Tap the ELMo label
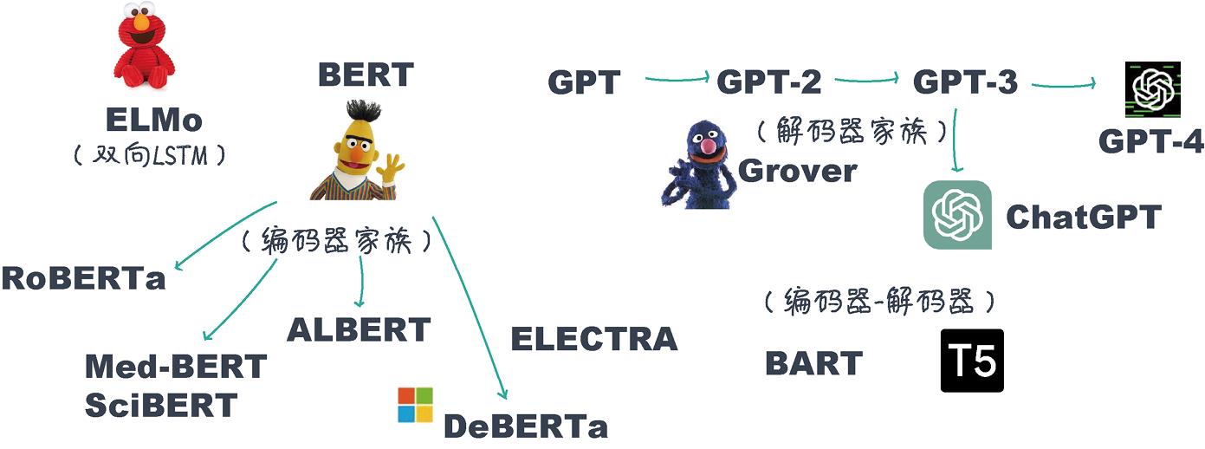pyautogui.click(x=153, y=119)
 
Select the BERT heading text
pyautogui.click(x=366, y=75)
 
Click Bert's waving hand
pyautogui.click(x=392, y=168)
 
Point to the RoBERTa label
pyautogui.click(x=83, y=278)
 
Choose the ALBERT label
pyautogui.click(x=359, y=330)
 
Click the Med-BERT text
pyautogui.click(x=175, y=368)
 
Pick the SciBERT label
pyautogui.click(x=161, y=405)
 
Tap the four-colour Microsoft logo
pyautogui.click(x=415, y=405)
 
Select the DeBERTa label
pyautogui.click(x=526, y=426)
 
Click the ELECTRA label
pyautogui.click(x=593, y=339)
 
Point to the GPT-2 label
pyautogui.click(x=769, y=82)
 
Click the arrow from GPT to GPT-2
pyautogui.click(x=677, y=80)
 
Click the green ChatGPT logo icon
pyautogui.click(x=957, y=214)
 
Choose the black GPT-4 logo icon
pyautogui.click(x=1153, y=89)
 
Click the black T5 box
pyautogui.click(x=972, y=361)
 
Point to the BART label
pyautogui.click(x=813, y=364)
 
